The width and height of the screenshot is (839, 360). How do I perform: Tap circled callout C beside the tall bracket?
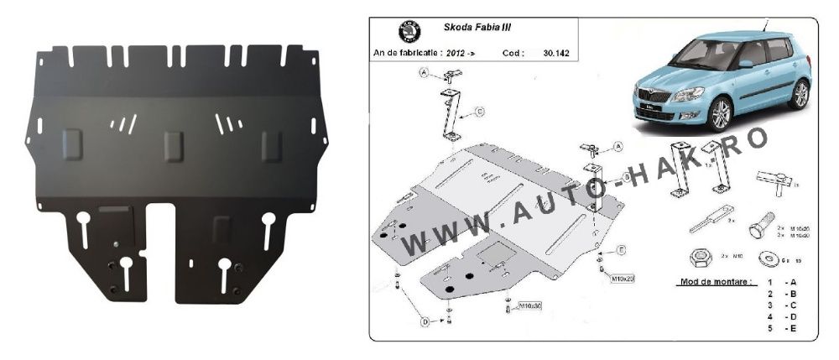pyautogui.click(x=479, y=111)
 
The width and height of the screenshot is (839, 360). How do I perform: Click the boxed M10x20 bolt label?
pyautogui.click(x=622, y=277)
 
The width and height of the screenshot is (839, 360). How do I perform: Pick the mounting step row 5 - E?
pyautogui.click(x=780, y=328)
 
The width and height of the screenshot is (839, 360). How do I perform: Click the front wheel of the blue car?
pyautogui.click(x=720, y=113)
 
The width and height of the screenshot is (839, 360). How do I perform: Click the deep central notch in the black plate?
pyautogui.click(x=161, y=252)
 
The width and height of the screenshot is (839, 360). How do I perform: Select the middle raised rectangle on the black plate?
pyautogui.click(x=174, y=146)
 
